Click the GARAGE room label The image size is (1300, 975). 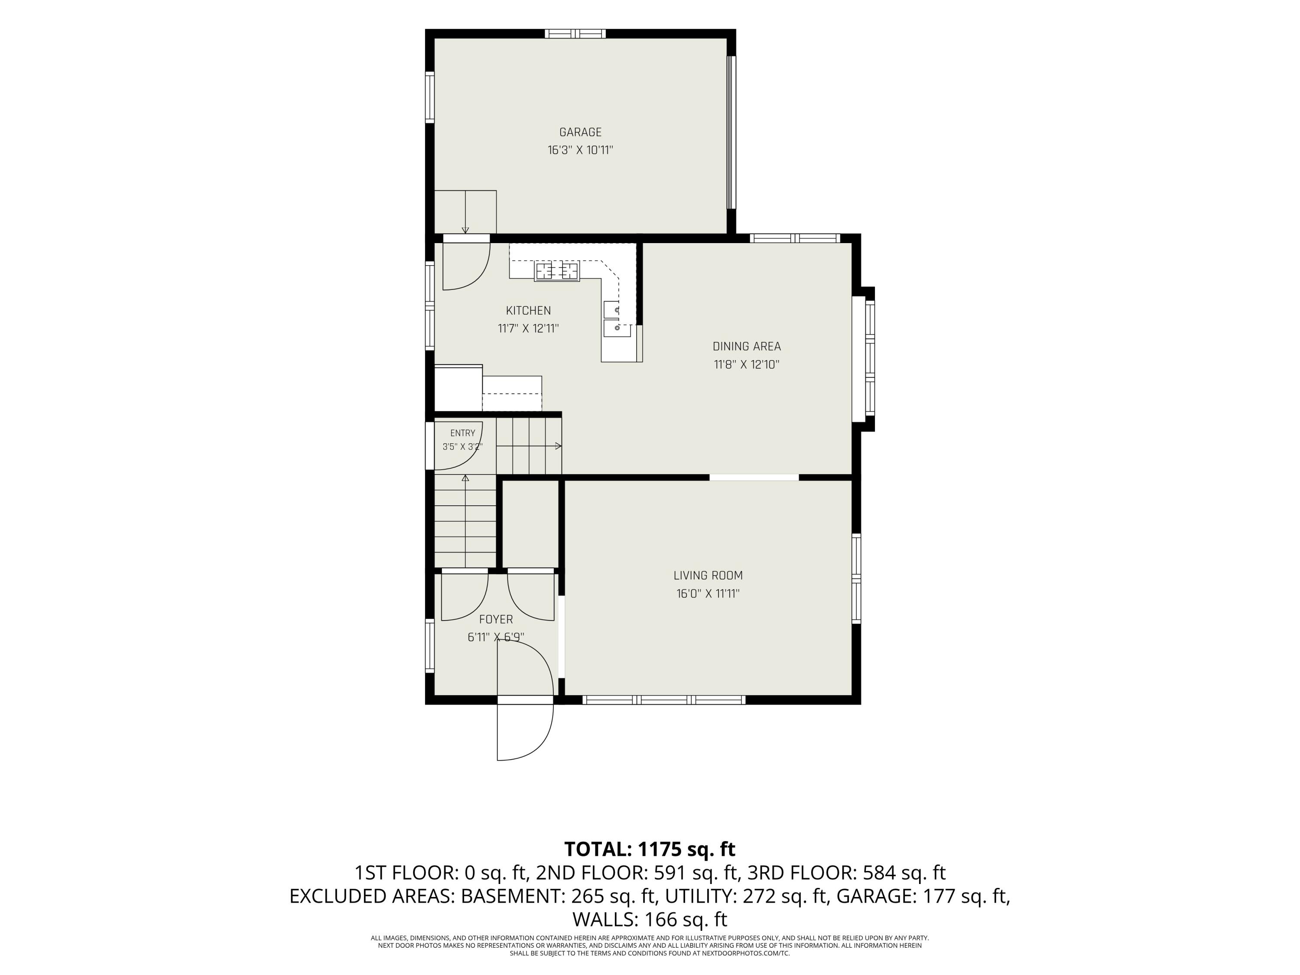[580, 132]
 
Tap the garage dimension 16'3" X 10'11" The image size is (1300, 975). [580, 150]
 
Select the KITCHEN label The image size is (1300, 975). [528, 310]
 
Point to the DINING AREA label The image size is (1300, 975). [746, 346]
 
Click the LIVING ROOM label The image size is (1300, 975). [708, 575]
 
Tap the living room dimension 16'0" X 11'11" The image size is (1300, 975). [708, 594]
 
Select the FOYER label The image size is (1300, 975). [496, 619]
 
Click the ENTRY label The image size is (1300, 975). [462, 433]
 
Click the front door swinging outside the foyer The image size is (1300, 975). [525, 731]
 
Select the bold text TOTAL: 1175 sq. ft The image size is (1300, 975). [650, 849]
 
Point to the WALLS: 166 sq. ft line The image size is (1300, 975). [650, 919]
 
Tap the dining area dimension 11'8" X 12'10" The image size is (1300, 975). [746, 364]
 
